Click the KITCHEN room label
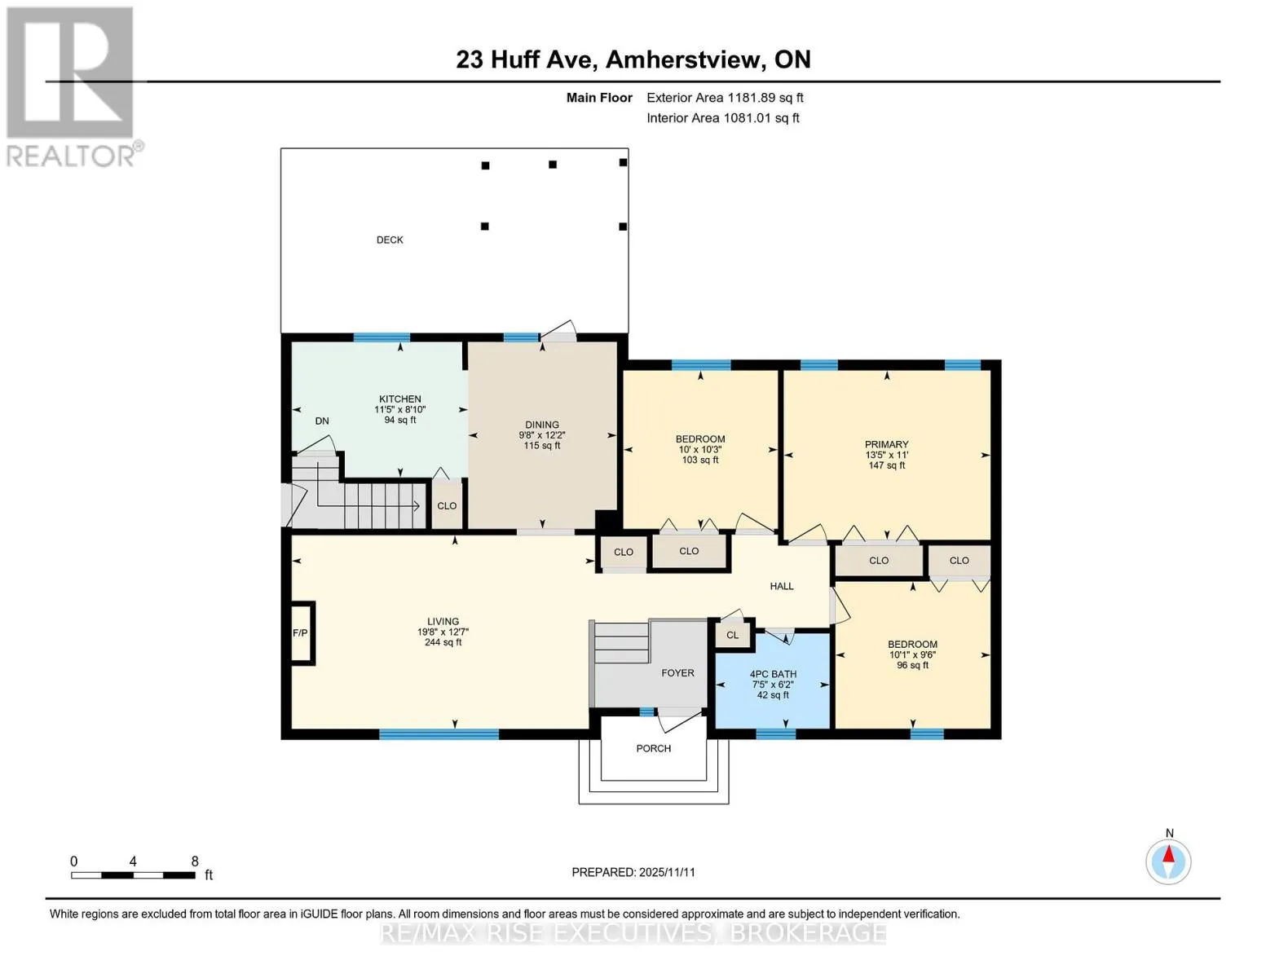[399, 399]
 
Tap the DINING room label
[542, 425]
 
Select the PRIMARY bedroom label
[886, 444]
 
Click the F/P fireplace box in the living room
[302, 632]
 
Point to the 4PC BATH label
[773, 674]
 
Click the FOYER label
[677, 672]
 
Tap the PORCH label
[653, 748]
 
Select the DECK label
[390, 240]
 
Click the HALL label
[781, 586]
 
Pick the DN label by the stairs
[322, 421]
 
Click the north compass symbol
[1168, 862]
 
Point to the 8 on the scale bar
[195, 861]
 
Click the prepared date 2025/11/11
[667, 872]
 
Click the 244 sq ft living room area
[443, 642]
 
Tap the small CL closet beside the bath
[732, 635]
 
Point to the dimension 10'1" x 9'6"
[912, 654]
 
